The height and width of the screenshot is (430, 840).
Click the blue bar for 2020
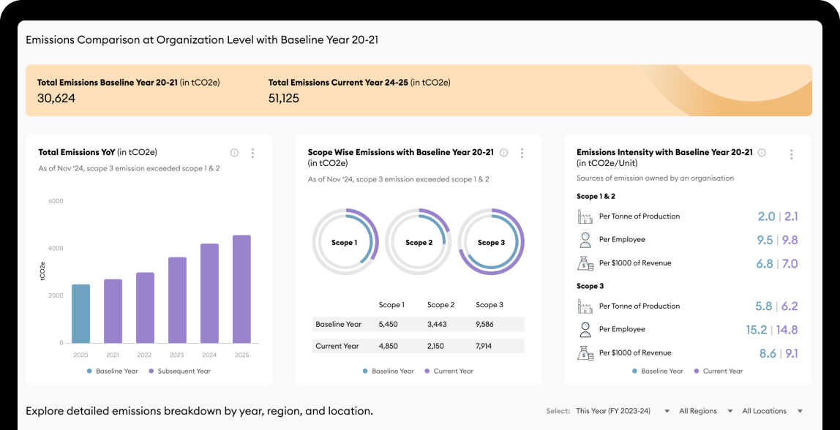point(80,314)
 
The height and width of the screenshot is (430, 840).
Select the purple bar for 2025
point(241,289)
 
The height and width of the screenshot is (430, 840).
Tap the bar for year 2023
point(177,300)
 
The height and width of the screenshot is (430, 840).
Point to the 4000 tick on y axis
point(56,248)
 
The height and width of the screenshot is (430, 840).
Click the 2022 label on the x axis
point(145,355)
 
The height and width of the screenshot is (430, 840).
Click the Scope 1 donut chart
point(345,242)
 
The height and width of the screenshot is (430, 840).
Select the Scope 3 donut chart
point(492,242)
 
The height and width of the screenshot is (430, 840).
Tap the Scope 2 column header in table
point(440,305)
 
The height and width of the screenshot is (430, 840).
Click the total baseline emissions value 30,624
point(56,98)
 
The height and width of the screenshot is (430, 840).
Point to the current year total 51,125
point(284,98)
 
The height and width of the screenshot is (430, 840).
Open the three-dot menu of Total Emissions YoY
point(252,153)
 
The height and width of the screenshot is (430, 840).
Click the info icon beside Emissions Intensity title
point(762,153)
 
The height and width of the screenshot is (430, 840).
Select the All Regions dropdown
point(702,411)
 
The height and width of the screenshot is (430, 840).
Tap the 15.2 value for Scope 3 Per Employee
point(757,330)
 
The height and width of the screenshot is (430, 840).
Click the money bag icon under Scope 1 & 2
point(585,263)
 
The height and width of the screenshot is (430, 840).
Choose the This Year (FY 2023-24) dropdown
point(622,411)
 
